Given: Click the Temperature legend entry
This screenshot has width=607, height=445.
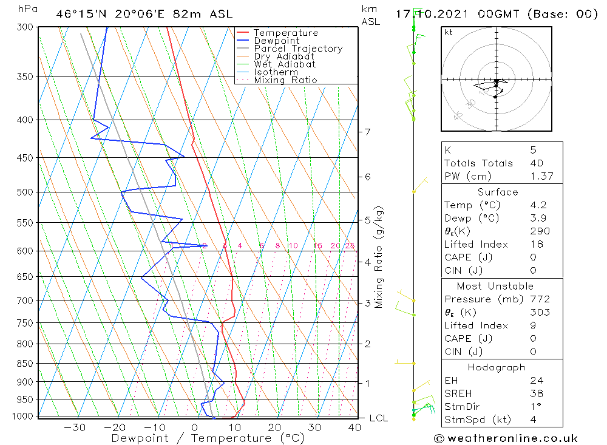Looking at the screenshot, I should tap(285, 33).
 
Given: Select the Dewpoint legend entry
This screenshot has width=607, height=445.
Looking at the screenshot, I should tap(276, 41).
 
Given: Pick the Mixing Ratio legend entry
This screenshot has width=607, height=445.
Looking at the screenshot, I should tap(285, 80).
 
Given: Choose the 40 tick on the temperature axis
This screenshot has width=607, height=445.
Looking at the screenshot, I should tap(354, 427).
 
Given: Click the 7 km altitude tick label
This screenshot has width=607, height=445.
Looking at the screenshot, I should tap(367, 132).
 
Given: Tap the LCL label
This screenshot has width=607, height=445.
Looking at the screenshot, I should tap(378, 418).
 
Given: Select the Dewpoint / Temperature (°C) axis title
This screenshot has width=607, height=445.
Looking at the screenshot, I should tap(208, 438).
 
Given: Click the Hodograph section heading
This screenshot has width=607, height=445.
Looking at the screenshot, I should tap(497, 367).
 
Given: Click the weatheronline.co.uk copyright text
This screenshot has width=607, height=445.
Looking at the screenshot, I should tap(506, 438).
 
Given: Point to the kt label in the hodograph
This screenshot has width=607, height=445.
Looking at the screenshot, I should tap(449, 32).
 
